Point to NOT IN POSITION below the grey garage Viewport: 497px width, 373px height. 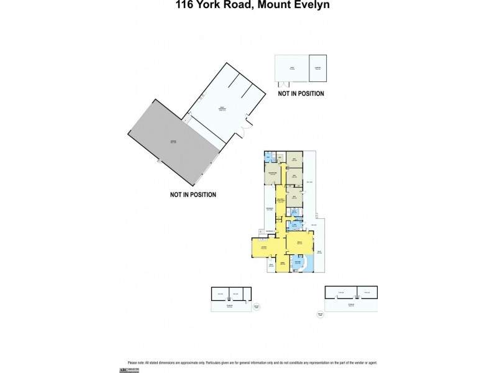coord(193,195)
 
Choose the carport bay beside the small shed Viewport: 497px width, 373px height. coord(317,68)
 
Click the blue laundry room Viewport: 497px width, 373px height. coord(295,225)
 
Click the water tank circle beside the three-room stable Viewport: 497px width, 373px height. coord(257,306)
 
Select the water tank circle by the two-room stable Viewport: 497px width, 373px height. coord(321,315)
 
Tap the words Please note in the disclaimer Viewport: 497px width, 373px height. coord(135,362)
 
